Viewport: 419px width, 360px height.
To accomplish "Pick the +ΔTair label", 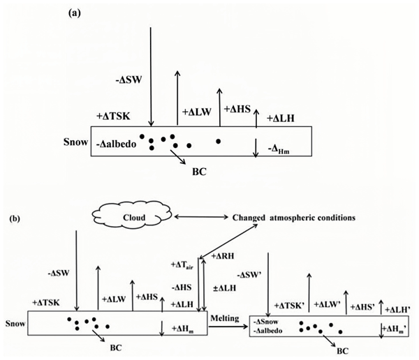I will pos(184,264).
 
